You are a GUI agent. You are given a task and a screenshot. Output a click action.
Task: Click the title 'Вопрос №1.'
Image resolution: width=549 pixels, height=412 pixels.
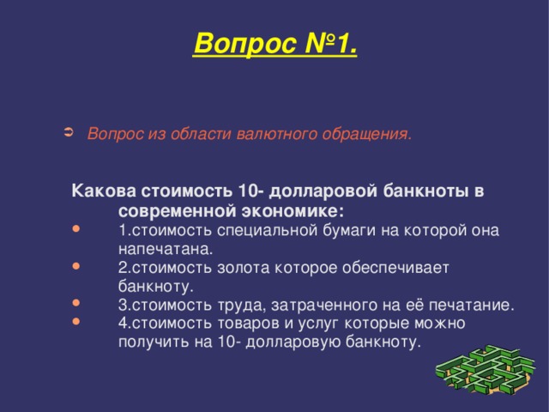point(275,41)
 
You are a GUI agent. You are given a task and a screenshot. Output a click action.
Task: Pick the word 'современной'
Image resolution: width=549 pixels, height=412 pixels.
point(172,210)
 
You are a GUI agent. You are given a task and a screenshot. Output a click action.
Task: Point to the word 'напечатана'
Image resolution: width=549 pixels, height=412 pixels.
point(162,248)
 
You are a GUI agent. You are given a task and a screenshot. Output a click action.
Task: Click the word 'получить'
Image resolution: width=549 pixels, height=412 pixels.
point(150,342)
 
